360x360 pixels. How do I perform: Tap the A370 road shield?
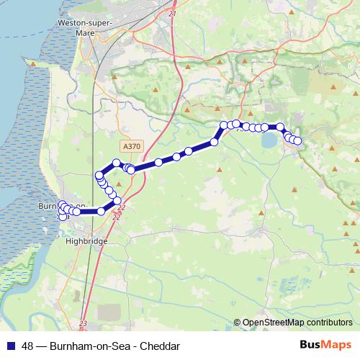tap(132, 145)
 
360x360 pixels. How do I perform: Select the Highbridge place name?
tap(86, 241)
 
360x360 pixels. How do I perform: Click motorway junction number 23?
tap(84, 323)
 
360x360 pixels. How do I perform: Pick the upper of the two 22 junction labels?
tap(120, 207)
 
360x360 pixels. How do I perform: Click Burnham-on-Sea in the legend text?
tap(90, 346)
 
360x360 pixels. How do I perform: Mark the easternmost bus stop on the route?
tap(297, 140)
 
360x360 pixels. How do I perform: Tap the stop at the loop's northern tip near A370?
tap(116, 163)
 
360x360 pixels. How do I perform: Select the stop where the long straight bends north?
tap(214, 143)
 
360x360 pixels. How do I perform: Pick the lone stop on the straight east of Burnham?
tap(102, 211)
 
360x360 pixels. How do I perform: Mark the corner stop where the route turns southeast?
tap(280, 127)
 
